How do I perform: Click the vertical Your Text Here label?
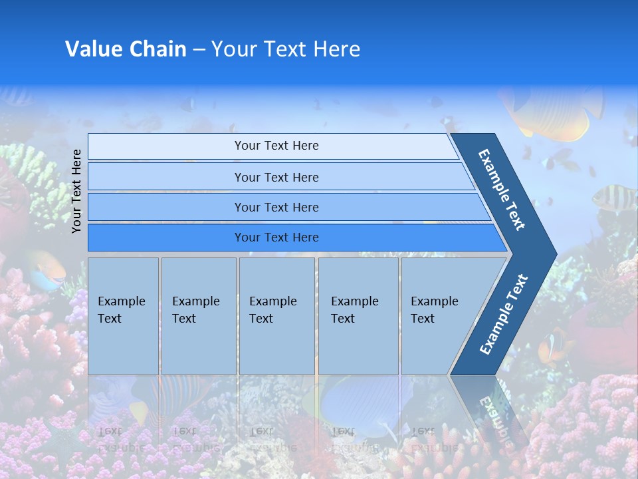pyautogui.click(x=76, y=191)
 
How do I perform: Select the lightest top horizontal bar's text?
pyautogui.click(x=276, y=146)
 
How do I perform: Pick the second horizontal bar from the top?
pyautogui.click(x=276, y=177)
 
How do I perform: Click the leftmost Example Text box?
pyautogui.click(x=123, y=316)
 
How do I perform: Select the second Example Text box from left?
pyautogui.click(x=198, y=316)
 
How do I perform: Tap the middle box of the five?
pyautogui.click(x=276, y=316)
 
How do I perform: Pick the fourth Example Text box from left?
pyautogui.click(x=358, y=316)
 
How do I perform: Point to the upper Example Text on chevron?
pyautogui.click(x=502, y=190)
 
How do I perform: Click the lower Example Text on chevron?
pyautogui.click(x=504, y=314)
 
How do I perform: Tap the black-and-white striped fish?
pyautogui.click(x=613, y=197)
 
